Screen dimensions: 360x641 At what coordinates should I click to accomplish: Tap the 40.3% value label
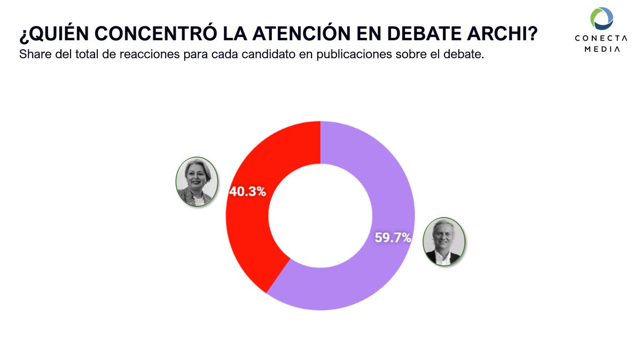click(247, 191)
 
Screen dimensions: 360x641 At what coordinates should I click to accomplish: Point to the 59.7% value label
click(393, 238)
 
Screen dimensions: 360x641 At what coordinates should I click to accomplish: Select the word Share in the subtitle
click(33, 54)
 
